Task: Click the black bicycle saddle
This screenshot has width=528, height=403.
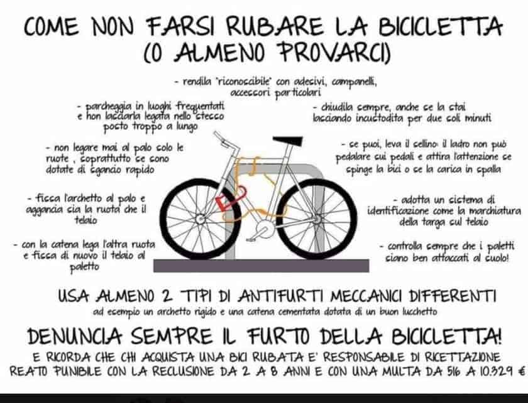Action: pyautogui.click(x=288, y=141)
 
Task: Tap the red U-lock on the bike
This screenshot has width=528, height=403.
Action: pyautogui.click(x=229, y=200)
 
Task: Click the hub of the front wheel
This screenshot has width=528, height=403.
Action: pyautogui.click(x=201, y=219)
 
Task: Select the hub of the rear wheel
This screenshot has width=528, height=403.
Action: pyautogui.click(x=317, y=219)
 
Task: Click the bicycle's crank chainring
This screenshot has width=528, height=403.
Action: pyautogui.click(x=265, y=229)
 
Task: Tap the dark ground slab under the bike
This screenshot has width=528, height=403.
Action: pyautogui.click(x=261, y=266)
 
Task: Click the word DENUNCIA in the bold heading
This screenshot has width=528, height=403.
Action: pyautogui.click(x=74, y=336)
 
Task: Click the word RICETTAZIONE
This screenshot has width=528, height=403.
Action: pyautogui.click(x=463, y=357)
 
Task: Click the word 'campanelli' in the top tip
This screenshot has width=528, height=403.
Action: pyautogui.click(x=354, y=82)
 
